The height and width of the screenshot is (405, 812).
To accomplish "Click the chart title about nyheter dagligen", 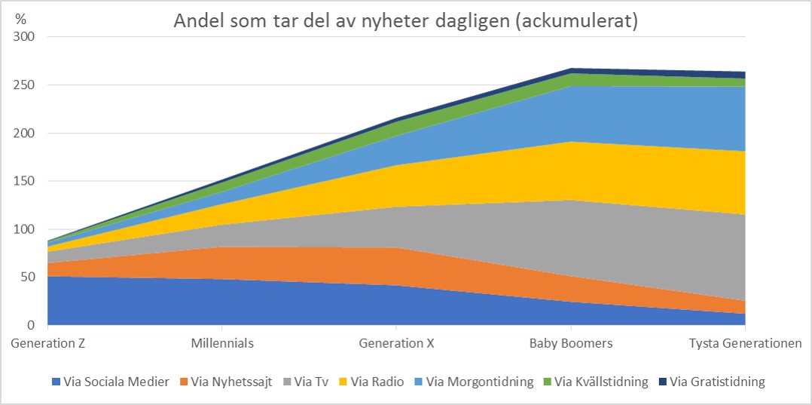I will (x=406, y=21).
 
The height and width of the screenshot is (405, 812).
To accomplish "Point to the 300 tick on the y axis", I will (x=26, y=37).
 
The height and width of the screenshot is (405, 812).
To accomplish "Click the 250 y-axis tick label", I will (x=26, y=85).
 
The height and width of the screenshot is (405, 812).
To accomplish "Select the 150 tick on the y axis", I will (x=26, y=181).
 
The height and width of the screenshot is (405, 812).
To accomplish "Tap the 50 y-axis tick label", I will (x=29, y=278).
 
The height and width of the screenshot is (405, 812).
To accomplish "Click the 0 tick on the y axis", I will (x=32, y=326).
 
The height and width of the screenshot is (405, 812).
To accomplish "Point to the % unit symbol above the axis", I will (x=20, y=19).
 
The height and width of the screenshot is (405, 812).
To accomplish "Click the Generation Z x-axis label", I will (x=47, y=344).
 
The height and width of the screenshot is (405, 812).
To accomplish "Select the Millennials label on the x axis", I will (x=222, y=344).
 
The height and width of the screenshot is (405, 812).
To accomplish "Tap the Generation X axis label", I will (x=396, y=344).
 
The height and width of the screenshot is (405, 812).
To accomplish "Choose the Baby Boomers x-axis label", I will (x=571, y=344).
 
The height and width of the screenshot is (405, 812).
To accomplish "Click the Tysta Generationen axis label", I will (x=745, y=344).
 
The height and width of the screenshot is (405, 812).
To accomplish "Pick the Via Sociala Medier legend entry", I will (x=117, y=382).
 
